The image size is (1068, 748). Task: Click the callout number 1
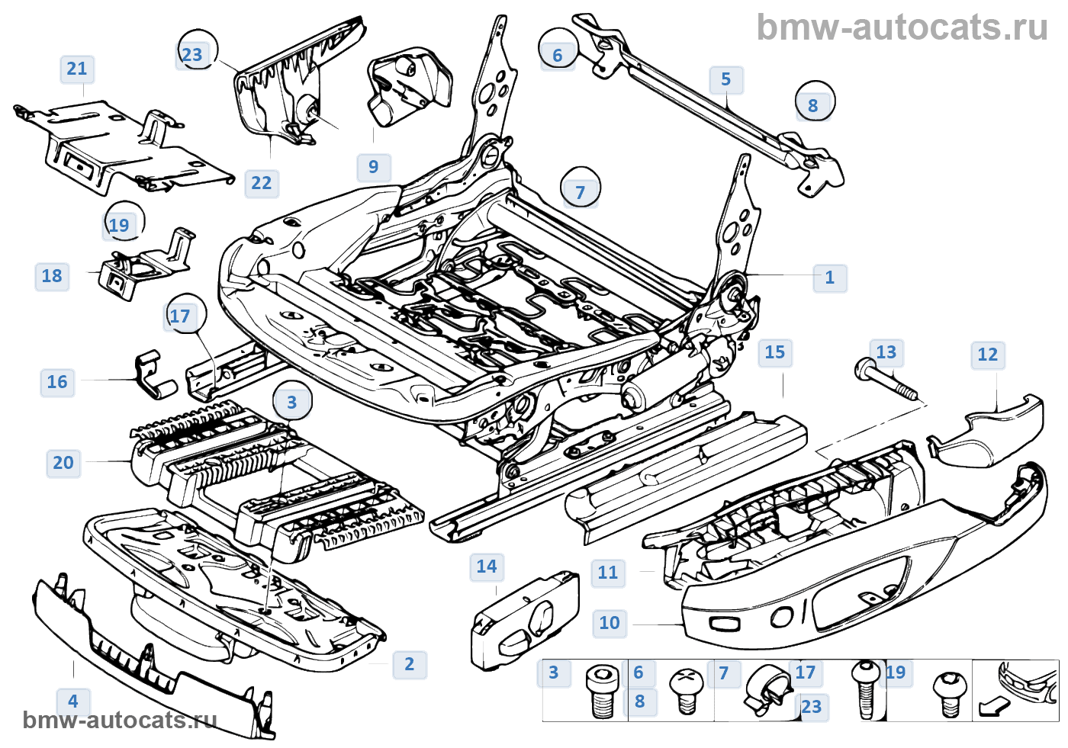pyautogui.click(x=830, y=278)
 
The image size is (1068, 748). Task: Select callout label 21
pyautogui.click(x=77, y=69)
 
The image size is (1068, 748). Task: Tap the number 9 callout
pyautogui.click(x=373, y=167)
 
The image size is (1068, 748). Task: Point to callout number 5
pyautogui.click(x=726, y=79)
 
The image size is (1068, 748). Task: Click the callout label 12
pyautogui.click(x=987, y=355)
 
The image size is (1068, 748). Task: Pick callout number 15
pyautogui.click(x=774, y=352)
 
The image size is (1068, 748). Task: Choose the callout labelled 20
pyautogui.click(x=63, y=463)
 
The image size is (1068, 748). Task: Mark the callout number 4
pyautogui.click(x=73, y=701)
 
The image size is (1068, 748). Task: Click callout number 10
pyautogui.click(x=610, y=623)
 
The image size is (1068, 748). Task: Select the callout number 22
pyautogui.click(x=261, y=183)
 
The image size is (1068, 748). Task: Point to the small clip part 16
pyautogui.click(x=156, y=375)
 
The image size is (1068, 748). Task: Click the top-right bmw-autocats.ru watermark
pyautogui.click(x=902, y=27)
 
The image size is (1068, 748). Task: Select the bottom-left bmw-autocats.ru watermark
pyautogui.click(x=120, y=721)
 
